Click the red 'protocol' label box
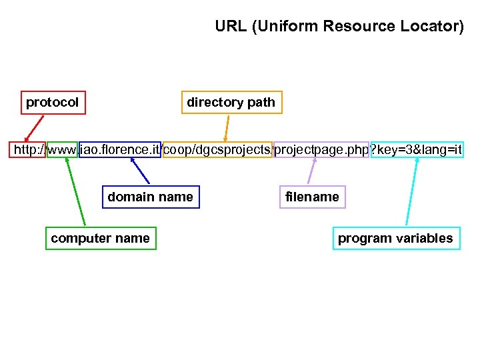(x=52, y=103)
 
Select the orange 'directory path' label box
(x=231, y=103)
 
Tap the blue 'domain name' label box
(x=150, y=197)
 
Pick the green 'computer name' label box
(x=100, y=238)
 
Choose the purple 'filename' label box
(x=311, y=197)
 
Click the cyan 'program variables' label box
(x=395, y=238)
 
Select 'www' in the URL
(x=62, y=150)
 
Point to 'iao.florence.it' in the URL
(x=119, y=150)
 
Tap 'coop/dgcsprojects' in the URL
(x=217, y=150)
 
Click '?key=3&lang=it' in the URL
(x=417, y=150)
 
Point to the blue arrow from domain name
(x=141, y=171)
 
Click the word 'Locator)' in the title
(x=436, y=27)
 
